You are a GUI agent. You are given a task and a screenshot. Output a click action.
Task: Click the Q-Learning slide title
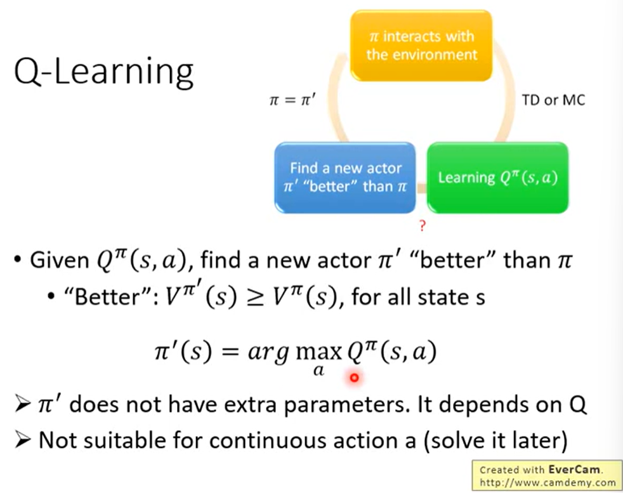[103, 72]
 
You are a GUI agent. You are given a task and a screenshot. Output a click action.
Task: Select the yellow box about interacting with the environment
[421, 46]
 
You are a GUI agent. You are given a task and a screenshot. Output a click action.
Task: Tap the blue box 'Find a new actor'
[345, 177]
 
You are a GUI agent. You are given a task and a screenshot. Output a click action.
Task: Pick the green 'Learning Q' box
[497, 177]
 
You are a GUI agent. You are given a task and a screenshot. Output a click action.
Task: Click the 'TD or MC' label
[553, 100]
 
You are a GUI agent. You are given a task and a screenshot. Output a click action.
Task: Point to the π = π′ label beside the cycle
[292, 100]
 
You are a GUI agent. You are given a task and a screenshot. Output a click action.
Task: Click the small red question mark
[423, 226]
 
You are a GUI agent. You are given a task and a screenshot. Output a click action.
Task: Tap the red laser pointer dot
[354, 378]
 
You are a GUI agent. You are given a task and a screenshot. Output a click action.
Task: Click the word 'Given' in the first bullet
[60, 261]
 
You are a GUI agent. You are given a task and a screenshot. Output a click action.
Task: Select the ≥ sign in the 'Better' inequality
[254, 298]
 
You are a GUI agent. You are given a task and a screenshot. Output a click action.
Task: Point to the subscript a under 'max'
[318, 371]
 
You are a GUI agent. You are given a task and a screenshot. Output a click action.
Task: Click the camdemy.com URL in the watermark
[548, 482]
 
